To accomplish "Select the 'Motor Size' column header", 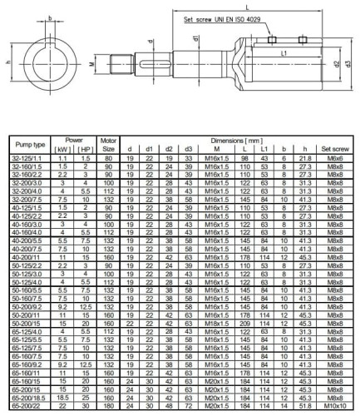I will point(108,145).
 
